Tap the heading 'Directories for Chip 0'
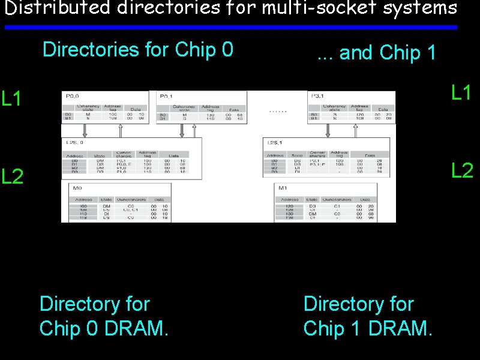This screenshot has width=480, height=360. click(138, 49)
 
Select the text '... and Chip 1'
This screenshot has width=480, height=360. click(377, 53)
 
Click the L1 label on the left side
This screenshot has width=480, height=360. click(12, 98)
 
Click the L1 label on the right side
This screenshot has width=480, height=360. click(463, 93)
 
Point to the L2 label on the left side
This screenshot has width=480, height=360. click(13, 176)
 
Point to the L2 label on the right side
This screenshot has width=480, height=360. click(463, 171)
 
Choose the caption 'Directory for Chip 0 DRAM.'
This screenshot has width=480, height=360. click(104, 316)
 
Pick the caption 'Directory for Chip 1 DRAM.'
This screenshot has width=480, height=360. click(368, 316)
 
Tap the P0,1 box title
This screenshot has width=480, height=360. click(166, 96)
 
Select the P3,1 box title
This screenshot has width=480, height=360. click(319, 95)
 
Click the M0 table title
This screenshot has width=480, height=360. click(77, 188)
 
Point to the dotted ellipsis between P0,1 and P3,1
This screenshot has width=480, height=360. click(278, 112)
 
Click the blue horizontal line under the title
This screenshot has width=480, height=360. click(230, 27)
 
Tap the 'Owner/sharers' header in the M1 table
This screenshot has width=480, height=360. click(337, 199)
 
